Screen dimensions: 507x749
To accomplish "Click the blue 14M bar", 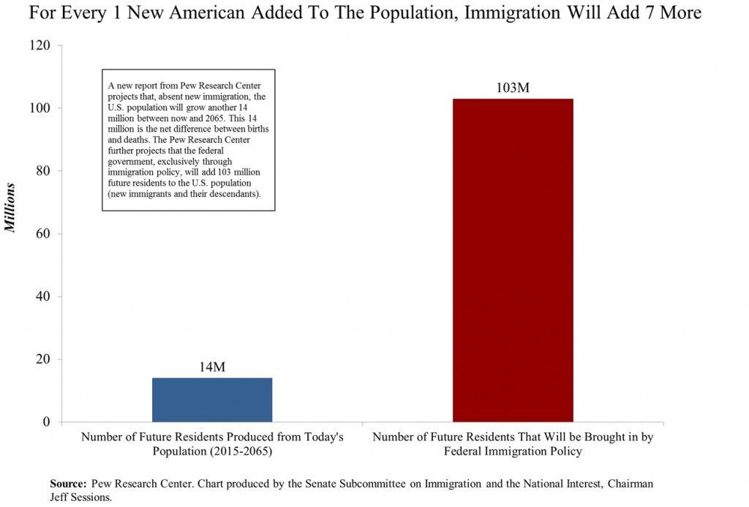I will point(211,399).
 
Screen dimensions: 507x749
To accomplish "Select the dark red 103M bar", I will point(513,260).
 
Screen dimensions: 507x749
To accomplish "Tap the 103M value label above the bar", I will point(512,88).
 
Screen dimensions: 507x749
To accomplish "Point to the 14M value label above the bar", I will point(212,367).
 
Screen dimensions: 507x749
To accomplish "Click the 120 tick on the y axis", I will point(40,45).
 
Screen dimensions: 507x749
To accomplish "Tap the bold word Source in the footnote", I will point(68,484).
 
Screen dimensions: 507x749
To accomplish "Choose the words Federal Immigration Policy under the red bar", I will point(513,451).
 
